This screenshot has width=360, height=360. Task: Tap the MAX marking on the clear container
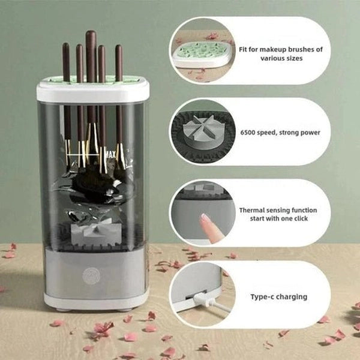[110, 153]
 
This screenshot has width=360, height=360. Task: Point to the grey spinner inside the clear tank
[91, 231]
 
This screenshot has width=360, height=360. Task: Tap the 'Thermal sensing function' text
[278, 210]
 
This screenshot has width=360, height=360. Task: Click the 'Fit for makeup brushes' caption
[281, 49]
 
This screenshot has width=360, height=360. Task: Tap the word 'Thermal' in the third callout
[252, 210]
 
